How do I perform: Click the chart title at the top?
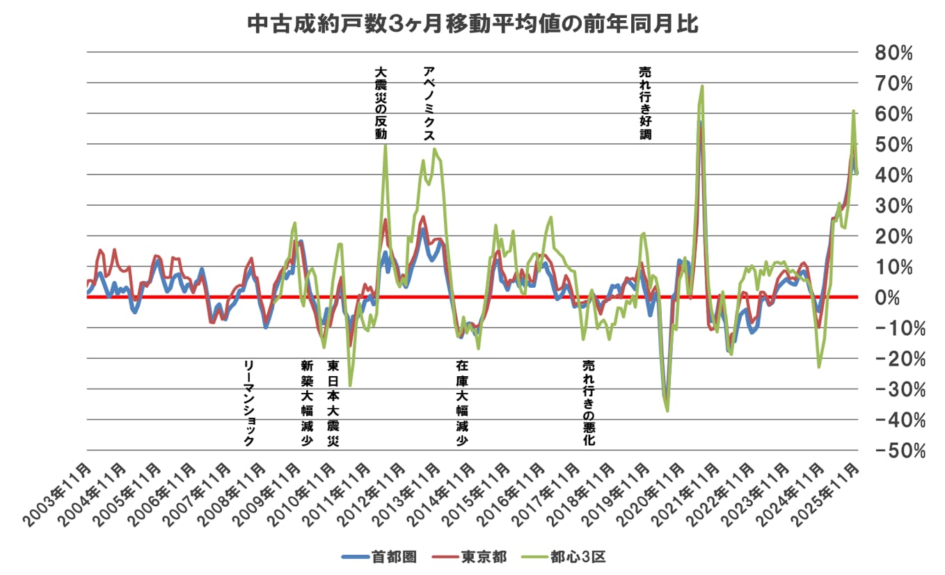472,25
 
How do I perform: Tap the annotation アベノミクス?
429,104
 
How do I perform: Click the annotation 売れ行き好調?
645,104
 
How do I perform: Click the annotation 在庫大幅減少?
462,403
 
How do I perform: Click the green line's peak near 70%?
702,86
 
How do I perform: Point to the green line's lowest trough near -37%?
667,410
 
